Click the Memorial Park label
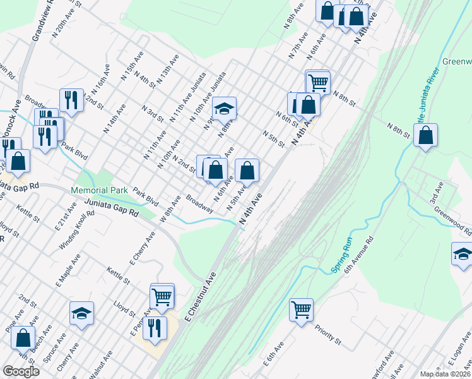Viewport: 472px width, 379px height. coord(100,190)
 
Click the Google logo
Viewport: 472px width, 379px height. coord(21,371)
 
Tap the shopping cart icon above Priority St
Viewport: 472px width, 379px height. coord(302,310)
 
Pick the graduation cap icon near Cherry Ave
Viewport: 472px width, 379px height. coord(81,313)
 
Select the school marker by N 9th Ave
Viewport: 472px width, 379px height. coord(224,109)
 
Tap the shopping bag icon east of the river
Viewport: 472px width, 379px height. coord(426,135)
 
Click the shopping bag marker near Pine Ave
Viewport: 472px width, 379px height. coord(23,337)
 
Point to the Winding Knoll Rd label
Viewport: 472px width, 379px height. coord(83,225)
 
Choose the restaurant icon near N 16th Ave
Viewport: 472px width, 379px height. coord(71,99)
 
